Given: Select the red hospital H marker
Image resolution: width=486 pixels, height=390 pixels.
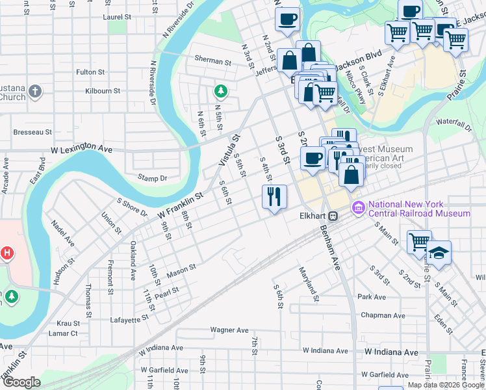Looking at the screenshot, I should click(x=6, y=253).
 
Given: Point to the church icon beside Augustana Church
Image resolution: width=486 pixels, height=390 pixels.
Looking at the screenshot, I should click(x=36, y=92).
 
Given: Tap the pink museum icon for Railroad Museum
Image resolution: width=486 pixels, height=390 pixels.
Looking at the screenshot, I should click(x=357, y=207).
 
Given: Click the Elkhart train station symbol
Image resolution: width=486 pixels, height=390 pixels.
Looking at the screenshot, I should click(x=333, y=216).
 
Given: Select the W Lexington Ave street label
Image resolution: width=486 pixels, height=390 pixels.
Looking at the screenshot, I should click(x=81, y=149).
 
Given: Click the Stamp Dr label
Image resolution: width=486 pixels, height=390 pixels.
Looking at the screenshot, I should click(x=152, y=177).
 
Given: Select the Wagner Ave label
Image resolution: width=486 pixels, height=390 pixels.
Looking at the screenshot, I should click(x=230, y=330).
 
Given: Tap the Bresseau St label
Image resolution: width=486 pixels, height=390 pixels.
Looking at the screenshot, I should click(x=32, y=132).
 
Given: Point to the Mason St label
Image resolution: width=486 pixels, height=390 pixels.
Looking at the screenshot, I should click(x=181, y=268).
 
